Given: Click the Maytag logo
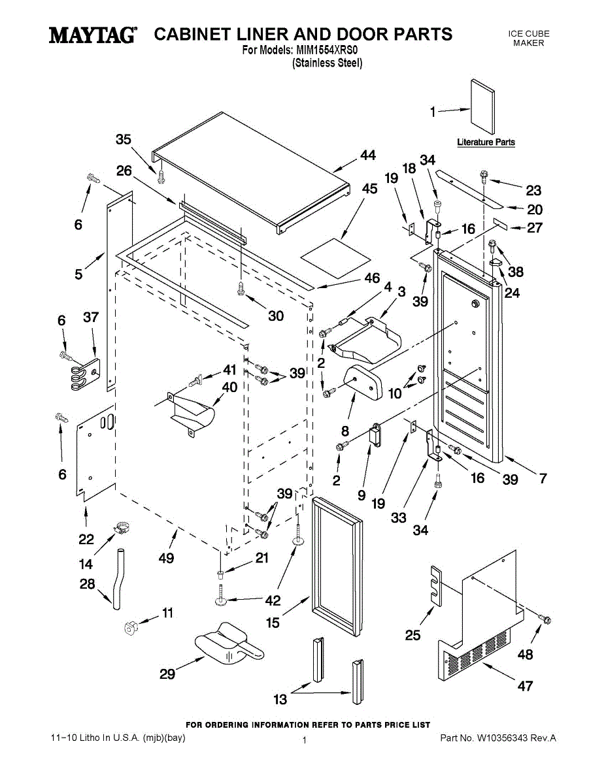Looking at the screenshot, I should [93, 35].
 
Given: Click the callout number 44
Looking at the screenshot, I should [368, 155].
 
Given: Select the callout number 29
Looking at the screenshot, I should [167, 674].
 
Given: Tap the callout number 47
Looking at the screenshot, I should [525, 685].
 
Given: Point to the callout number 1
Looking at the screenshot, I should [433, 112].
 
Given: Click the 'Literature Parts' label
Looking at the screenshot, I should [486, 142].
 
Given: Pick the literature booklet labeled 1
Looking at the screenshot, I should [482, 106].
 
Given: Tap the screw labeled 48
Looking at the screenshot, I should [543, 617].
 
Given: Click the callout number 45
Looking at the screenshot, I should [369, 189].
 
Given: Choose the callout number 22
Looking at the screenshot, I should [86, 539].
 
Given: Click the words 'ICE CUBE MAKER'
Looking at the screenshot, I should [529, 38].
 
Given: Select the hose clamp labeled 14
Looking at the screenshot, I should [122, 525].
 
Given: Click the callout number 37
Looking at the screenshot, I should [90, 318].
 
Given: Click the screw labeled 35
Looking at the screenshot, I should [160, 175].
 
